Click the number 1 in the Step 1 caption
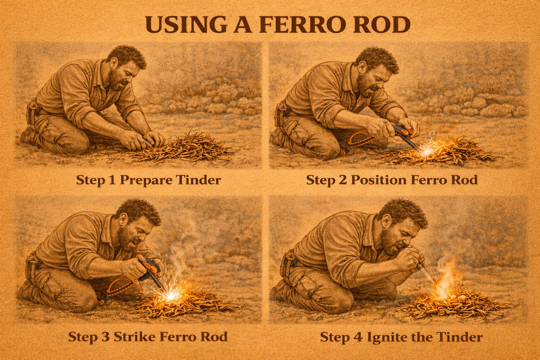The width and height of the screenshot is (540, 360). pos(112,180)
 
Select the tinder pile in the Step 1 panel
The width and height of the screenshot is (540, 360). pos(181,147)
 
